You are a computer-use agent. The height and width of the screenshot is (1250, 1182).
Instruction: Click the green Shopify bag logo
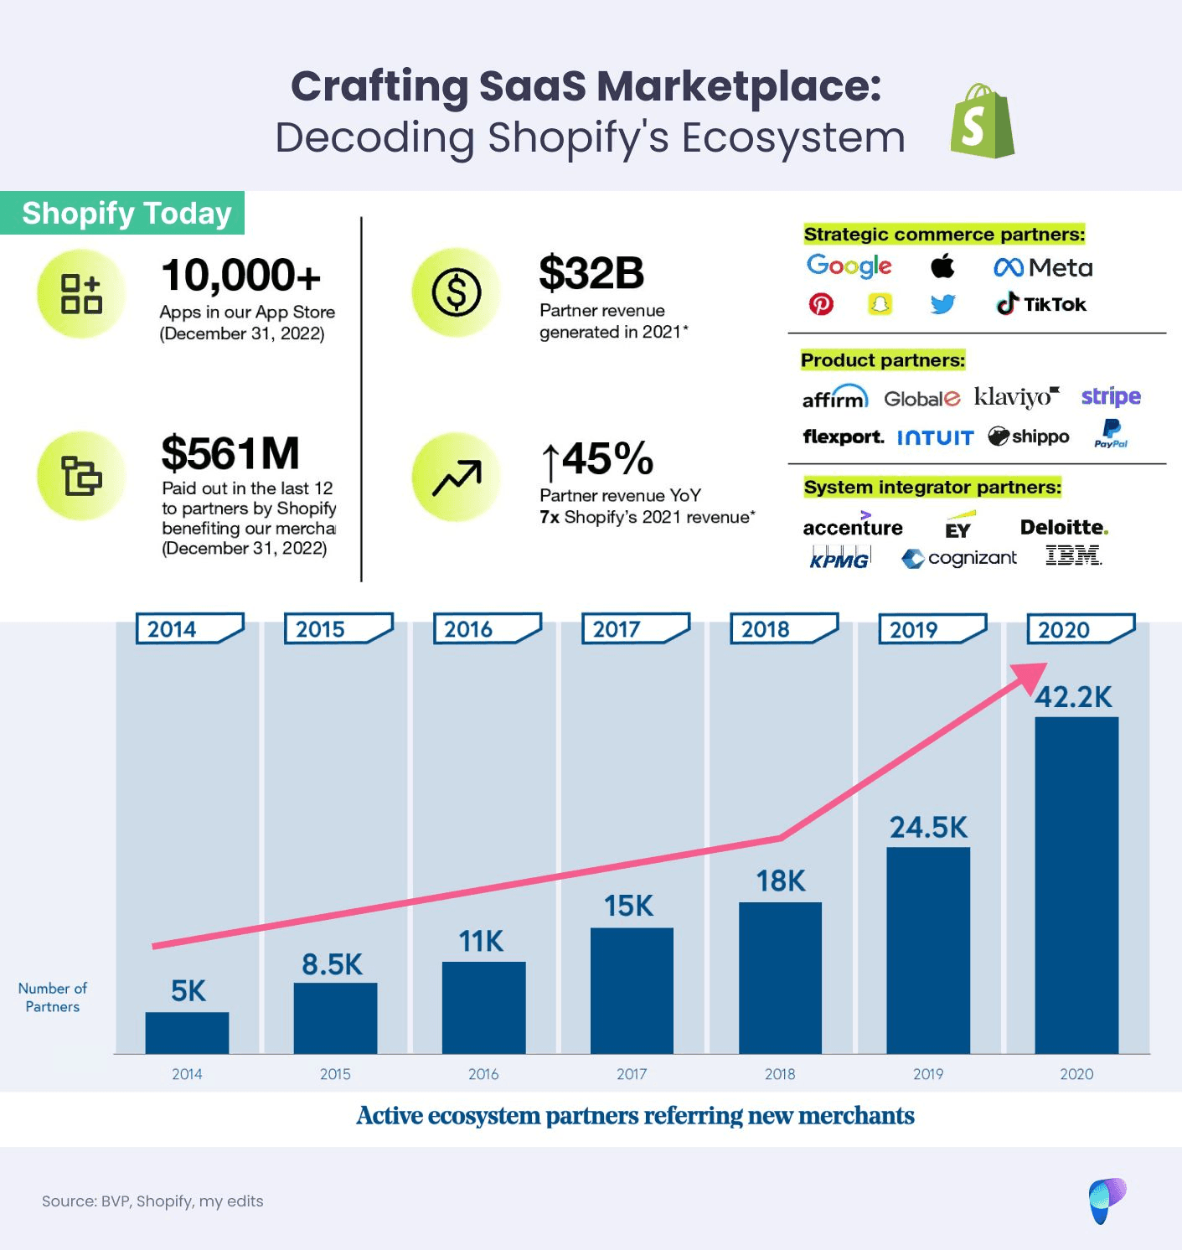[x=982, y=121]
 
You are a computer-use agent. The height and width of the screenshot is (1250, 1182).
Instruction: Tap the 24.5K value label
[x=928, y=828]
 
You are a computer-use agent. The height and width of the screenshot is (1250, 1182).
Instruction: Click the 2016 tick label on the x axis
[x=483, y=1074]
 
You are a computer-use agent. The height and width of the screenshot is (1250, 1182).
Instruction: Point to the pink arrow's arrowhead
[x=1032, y=675]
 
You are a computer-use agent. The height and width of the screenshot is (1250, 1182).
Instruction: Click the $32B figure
[x=591, y=273]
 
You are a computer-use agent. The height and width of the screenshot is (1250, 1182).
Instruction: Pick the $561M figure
[x=230, y=453]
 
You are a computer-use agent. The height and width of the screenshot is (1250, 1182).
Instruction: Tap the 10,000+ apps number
[x=240, y=276]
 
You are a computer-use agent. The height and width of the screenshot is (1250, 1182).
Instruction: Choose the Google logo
[x=849, y=266]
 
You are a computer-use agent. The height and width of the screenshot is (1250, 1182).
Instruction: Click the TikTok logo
[x=1041, y=304]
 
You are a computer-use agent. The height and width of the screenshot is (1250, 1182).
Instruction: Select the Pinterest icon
[x=821, y=304]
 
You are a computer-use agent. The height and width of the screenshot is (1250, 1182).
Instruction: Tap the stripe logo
[x=1111, y=396]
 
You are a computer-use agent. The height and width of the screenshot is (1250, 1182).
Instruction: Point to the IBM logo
[x=1073, y=555]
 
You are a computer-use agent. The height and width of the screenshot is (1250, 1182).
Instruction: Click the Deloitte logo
[x=1063, y=527]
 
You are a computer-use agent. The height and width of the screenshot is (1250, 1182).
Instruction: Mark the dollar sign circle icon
[x=457, y=292]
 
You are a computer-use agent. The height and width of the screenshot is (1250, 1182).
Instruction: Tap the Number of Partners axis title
[x=53, y=997]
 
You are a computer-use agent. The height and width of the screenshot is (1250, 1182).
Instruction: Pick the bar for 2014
[x=187, y=1032]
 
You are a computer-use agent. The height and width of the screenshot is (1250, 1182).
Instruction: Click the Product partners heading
[x=883, y=360]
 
